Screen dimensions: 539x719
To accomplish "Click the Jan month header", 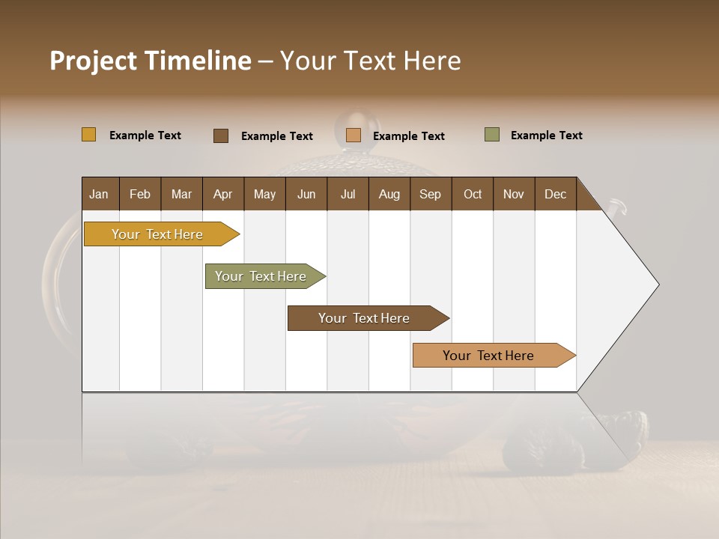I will point(100,194).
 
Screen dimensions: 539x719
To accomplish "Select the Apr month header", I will point(223,194).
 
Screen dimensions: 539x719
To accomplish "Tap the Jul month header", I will point(348,194).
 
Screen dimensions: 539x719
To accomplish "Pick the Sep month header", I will point(431,194).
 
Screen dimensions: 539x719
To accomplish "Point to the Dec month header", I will point(556,194).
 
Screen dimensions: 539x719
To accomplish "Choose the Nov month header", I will point(514,194).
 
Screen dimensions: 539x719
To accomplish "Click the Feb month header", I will point(140,194).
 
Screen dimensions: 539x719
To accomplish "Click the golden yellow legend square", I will point(89,135).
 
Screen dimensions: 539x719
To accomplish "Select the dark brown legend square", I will point(221,135).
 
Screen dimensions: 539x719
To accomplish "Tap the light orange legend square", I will point(354,135).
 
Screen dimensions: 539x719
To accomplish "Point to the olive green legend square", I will point(492,135).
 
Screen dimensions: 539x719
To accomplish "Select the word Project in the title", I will point(93,61).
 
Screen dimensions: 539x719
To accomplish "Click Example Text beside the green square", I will point(547,135).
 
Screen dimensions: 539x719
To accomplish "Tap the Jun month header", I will point(306,194).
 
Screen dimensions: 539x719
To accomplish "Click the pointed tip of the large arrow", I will point(657,284).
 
